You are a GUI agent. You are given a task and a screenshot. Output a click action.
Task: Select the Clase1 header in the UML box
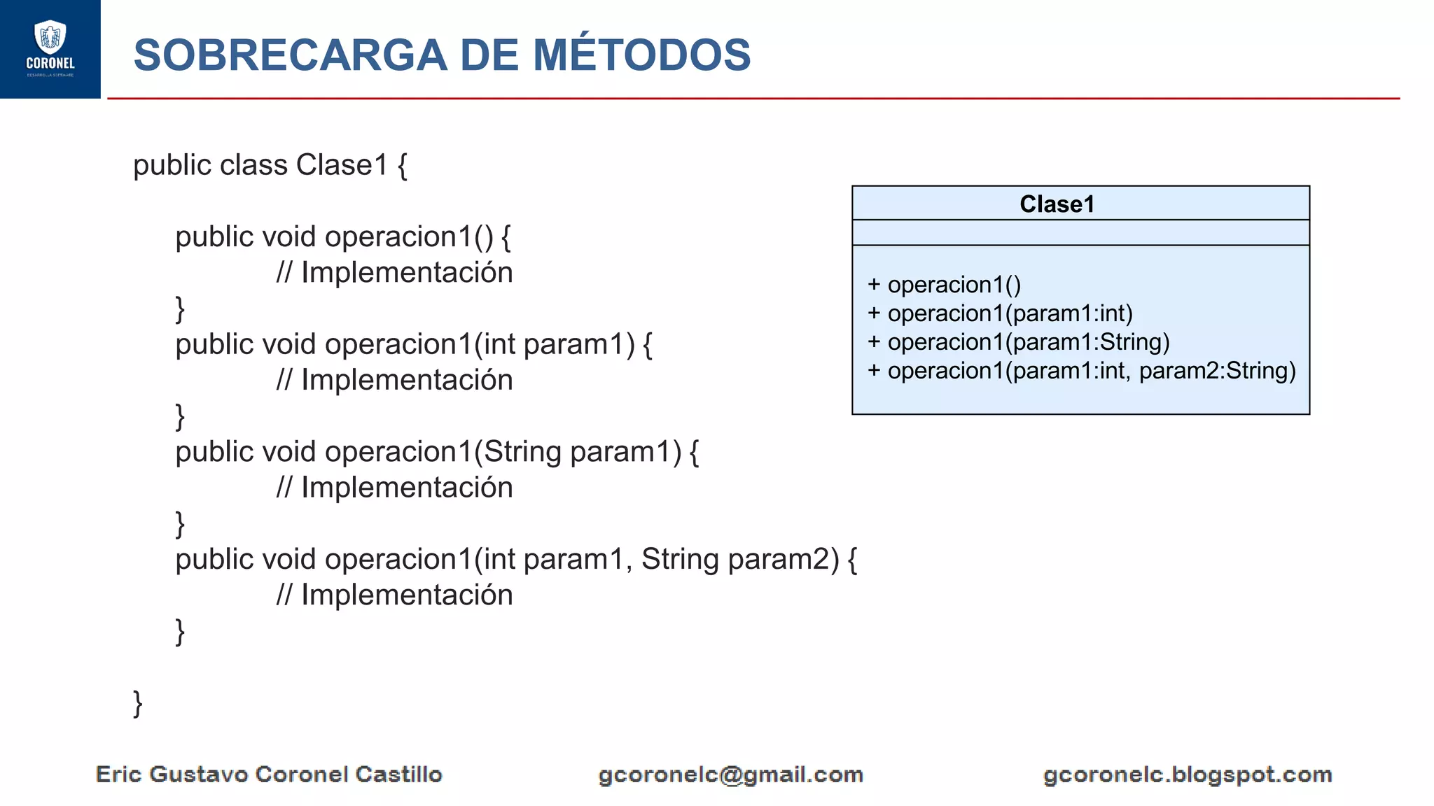coord(1056,204)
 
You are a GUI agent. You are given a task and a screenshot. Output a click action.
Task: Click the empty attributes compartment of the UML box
coord(1080,232)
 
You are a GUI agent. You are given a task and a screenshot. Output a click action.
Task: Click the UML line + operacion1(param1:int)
coord(1000,313)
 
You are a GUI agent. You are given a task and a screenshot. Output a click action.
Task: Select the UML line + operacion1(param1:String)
coord(1018,342)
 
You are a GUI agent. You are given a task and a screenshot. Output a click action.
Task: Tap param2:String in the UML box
coord(1217,371)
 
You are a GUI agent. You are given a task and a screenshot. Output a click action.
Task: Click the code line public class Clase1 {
coord(270,166)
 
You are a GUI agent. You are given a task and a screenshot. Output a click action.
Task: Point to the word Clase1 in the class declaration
coord(342,166)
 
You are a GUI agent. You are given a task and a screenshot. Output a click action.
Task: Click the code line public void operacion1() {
coord(342,237)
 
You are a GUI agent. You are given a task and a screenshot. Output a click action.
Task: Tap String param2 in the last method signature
coord(739,560)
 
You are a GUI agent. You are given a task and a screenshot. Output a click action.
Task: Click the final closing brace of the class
coord(138,703)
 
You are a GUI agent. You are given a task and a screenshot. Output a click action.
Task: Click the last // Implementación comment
coord(394,595)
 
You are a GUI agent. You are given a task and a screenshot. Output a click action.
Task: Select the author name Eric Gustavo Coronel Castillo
coord(269,775)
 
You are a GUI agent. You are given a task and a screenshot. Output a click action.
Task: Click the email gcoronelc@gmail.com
coord(730,775)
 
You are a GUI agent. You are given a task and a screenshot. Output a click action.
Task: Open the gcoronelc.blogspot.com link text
coord(1187,775)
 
